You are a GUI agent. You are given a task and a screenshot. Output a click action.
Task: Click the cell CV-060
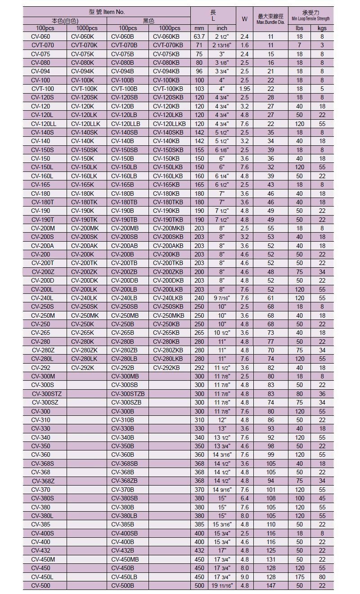pos(40,36)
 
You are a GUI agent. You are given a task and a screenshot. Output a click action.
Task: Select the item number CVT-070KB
pos(168,45)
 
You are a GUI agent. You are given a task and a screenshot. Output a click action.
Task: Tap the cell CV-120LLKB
pos(169,124)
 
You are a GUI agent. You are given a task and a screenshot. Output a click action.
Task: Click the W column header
pos(244,19)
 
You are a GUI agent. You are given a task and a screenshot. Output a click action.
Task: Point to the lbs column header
pos(299,28)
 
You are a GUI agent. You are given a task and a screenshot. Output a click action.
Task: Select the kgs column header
pos(322,28)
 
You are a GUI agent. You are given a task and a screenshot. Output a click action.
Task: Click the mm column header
pos(199,28)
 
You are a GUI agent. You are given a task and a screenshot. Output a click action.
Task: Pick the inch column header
pos(222,28)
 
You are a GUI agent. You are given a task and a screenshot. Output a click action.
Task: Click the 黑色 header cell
pos(148,21)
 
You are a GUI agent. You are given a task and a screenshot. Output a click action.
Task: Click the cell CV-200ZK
pos(84,272)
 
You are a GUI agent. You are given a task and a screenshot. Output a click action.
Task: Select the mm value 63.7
pos(199,36)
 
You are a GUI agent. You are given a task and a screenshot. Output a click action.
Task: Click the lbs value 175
pos(299,577)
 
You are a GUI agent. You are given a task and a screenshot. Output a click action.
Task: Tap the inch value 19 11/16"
pos(222,585)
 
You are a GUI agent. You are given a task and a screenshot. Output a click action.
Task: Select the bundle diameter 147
pos(271,585)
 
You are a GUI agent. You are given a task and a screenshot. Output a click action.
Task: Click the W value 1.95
pos(244,89)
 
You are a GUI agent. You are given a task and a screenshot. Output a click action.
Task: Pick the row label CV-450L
pos(42,577)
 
